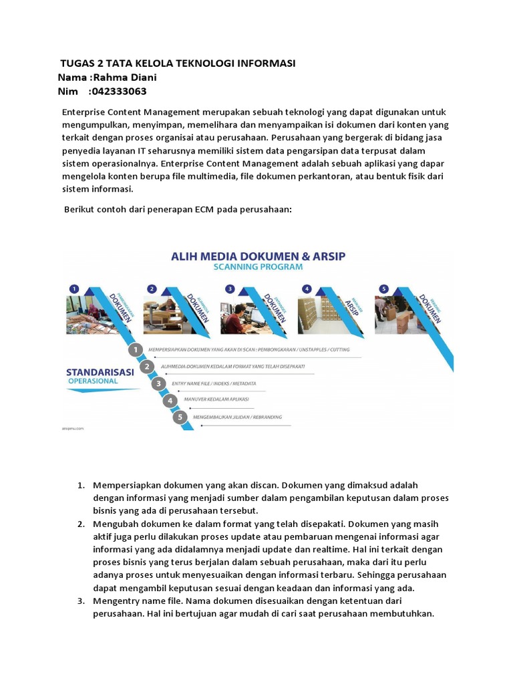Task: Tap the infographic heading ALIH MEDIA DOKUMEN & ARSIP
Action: coord(257,254)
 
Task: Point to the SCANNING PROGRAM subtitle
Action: coord(257,267)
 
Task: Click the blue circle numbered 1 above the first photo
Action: coord(75,289)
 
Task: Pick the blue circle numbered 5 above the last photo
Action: coord(383,289)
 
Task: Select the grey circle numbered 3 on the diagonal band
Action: coord(158,383)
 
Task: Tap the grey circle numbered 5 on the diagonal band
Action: coord(180,417)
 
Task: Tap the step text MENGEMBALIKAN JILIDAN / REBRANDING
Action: coord(237,417)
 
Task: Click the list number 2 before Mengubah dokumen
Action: coord(80,524)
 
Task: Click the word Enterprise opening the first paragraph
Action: coord(84,112)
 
